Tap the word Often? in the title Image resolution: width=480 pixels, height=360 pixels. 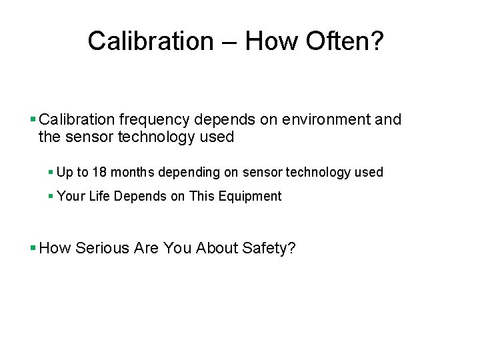coord(345,41)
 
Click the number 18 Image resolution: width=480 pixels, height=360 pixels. coord(99,172)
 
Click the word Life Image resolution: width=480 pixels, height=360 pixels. coord(98,196)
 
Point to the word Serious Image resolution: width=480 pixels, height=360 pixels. coord(103,249)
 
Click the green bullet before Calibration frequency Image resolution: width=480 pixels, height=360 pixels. coord(33,120)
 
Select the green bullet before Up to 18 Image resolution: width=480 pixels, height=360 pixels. coord(51,172)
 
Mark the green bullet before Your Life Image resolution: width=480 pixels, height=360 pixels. coord(51,196)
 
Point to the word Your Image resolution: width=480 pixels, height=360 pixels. coord(70,196)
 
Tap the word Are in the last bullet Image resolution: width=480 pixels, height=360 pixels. coord(145,249)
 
